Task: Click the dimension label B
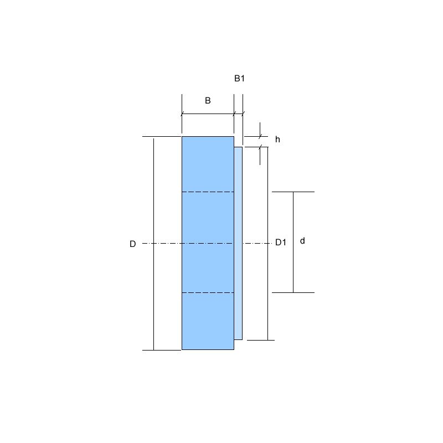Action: click(x=208, y=101)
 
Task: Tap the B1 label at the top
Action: click(x=239, y=78)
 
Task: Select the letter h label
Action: click(x=277, y=140)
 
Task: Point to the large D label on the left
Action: click(x=133, y=244)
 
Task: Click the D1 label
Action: click(x=281, y=242)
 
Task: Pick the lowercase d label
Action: click(x=302, y=241)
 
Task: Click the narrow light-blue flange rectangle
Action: click(x=238, y=243)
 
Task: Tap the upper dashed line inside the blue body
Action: click(x=208, y=192)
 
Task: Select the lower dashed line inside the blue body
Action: click(x=208, y=293)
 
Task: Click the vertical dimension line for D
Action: click(x=154, y=244)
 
